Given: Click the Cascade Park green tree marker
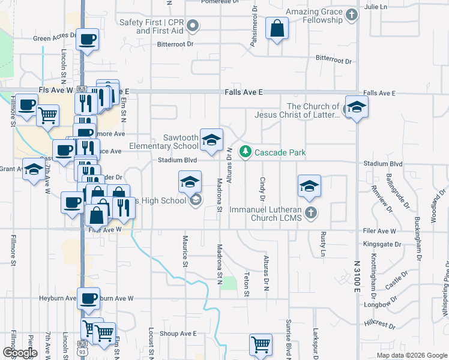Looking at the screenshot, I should pos(245,152).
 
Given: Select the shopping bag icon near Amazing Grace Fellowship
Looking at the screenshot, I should pos(277,28).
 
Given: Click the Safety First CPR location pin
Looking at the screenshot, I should pos(193,25).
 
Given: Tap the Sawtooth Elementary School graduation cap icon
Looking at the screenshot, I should pos(211,140).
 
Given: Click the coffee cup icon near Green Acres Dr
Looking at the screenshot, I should pos(88,40).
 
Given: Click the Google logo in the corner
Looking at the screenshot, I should pos(20,352).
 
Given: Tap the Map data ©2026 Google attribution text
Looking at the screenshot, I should pos(411,355).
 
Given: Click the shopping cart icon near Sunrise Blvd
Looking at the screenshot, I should pos(261,344).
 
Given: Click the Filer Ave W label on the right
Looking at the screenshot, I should pos(380,230).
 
